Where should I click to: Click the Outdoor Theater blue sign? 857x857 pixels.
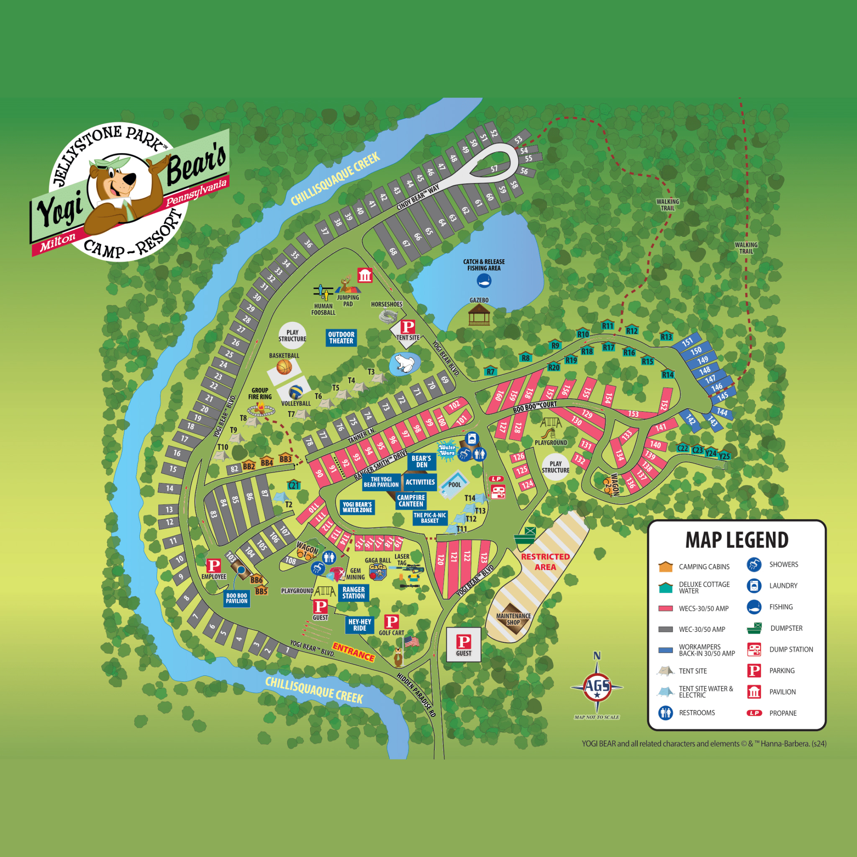click(341, 338)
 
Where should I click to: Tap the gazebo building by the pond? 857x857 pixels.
click(479, 315)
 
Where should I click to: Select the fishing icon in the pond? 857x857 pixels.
click(484, 280)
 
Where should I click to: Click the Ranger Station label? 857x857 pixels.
click(354, 593)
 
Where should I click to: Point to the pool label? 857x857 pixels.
click(455, 485)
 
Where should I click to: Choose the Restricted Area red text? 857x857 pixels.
click(545, 562)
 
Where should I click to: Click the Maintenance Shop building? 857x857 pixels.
click(513, 619)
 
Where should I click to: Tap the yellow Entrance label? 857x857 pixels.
click(354, 652)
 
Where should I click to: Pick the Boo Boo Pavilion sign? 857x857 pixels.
click(236, 598)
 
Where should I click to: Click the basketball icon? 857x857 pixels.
click(284, 367)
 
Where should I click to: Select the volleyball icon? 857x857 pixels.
click(296, 392)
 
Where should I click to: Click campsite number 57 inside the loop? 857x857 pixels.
click(494, 169)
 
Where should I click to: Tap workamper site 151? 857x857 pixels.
click(687, 342)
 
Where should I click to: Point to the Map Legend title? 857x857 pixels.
click(737, 540)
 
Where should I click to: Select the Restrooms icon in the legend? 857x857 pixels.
click(665, 713)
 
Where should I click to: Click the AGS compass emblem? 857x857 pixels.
click(597, 686)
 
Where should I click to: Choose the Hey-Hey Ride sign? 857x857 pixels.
click(360, 625)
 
